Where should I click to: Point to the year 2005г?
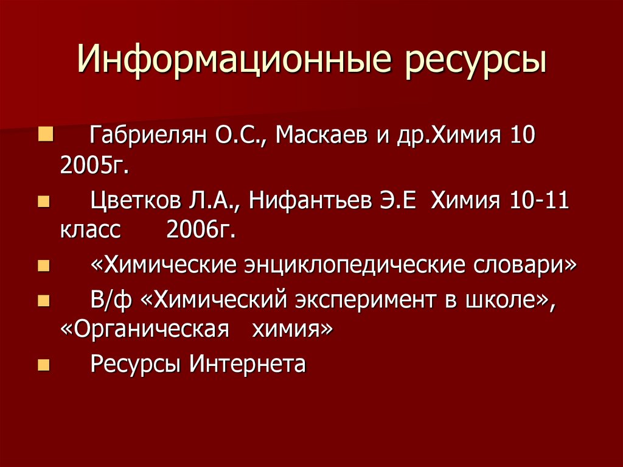click(x=95, y=164)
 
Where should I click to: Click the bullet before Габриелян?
click(x=46, y=133)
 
